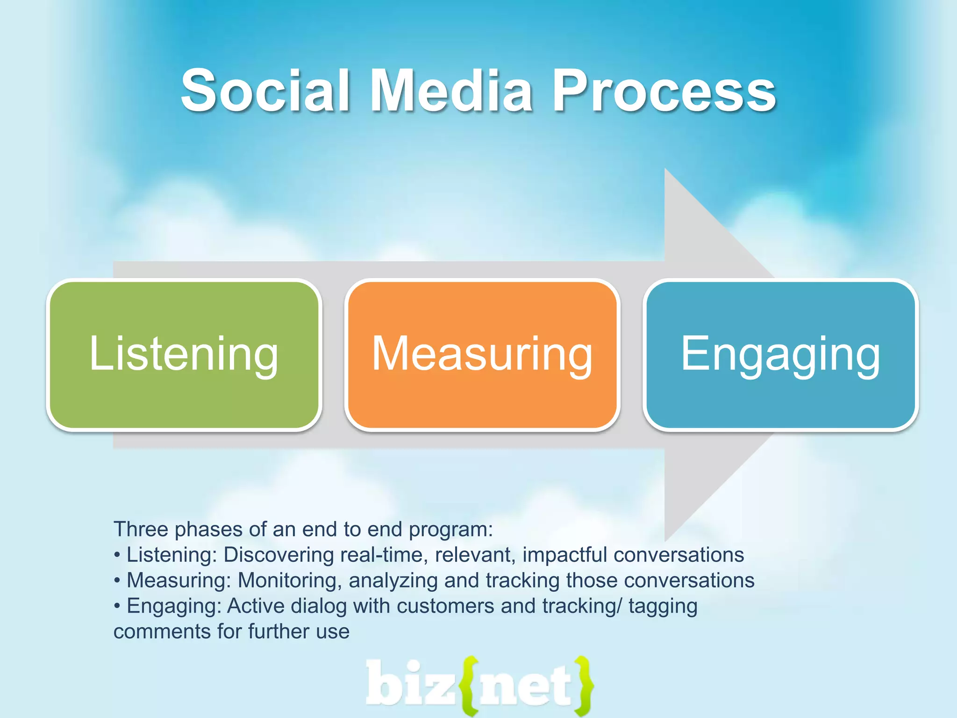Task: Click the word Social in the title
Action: point(265,91)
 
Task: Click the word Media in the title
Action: point(451,91)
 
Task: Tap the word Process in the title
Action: point(664,91)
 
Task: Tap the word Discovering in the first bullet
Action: point(279,555)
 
